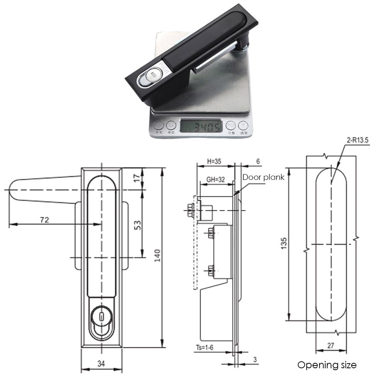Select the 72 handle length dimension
point(44,220)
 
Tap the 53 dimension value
point(137,225)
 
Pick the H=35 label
point(214,161)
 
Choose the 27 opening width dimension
point(330,345)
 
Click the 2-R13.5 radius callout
point(358,141)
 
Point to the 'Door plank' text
point(263,177)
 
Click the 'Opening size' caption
point(327,365)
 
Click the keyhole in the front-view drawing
point(101,317)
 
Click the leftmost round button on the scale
point(158,125)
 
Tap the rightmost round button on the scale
point(243,125)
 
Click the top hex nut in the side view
point(190,210)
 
